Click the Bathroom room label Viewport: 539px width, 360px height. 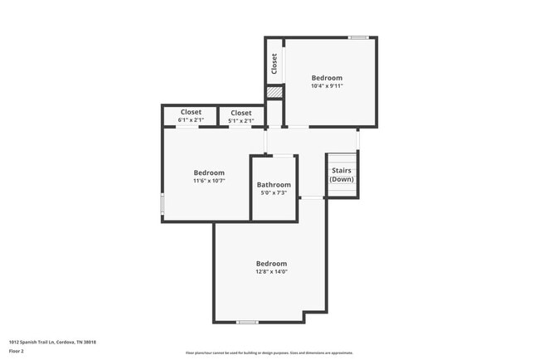click(x=274, y=185)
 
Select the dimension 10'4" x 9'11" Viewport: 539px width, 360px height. click(x=327, y=85)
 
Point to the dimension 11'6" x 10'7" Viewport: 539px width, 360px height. click(x=209, y=181)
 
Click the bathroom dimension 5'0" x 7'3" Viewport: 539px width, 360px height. click(x=274, y=193)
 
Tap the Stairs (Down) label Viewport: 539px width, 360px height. click(x=342, y=175)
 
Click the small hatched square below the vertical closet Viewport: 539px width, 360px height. click(x=274, y=92)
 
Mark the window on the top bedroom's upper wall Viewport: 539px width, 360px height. click(x=358, y=37)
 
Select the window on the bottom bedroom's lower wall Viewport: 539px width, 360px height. click(x=247, y=322)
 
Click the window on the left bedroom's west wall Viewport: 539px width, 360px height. click(x=163, y=204)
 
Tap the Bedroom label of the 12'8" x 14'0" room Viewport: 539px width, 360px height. click(x=272, y=263)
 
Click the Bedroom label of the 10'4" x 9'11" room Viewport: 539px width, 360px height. click(x=327, y=77)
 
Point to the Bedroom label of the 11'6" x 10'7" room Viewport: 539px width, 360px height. click(x=209, y=173)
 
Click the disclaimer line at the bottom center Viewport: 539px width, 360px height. click(x=269, y=352)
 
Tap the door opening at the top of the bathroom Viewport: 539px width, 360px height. click(x=284, y=155)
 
